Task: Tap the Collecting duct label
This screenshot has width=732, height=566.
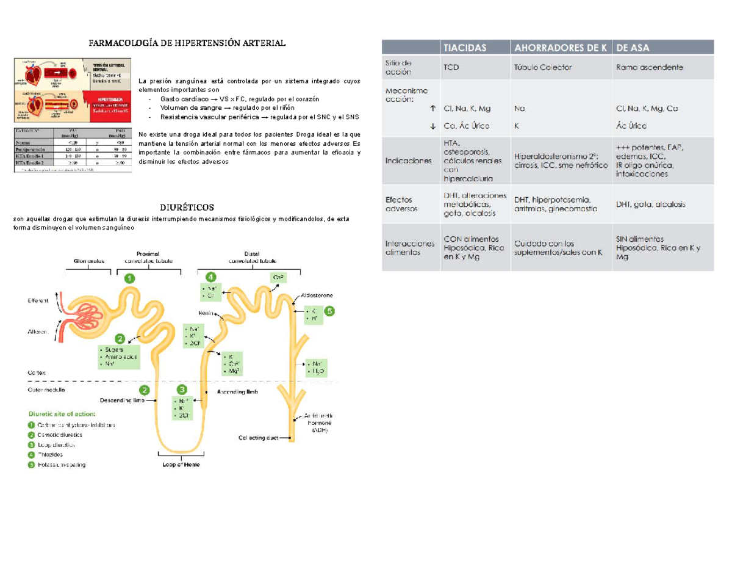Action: click(x=259, y=437)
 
